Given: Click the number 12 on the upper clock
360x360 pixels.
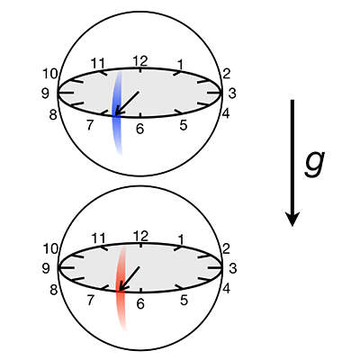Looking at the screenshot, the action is pyautogui.click(x=140, y=61).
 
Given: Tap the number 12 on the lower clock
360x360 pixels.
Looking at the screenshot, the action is pyautogui.click(x=140, y=237).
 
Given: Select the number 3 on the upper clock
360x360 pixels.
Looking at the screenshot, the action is pyautogui.click(x=232, y=94).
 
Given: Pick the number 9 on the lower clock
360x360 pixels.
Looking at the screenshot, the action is pyautogui.click(x=46, y=268).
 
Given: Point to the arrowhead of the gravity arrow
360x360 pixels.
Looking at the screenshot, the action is pyautogui.click(x=292, y=219).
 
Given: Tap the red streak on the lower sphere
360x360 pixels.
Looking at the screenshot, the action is pyautogui.click(x=121, y=288).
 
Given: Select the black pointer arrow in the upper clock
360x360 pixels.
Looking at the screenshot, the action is pyautogui.click(x=127, y=103).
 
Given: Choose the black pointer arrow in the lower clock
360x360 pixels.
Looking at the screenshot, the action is pyautogui.click(x=130, y=278).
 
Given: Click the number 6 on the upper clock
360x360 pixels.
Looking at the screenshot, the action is pyautogui.click(x=139, y=129).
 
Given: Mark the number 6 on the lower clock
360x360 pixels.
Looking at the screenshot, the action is pyautogui.click(x=140, y=304).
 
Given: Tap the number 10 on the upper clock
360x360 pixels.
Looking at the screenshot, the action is pyautogui.click(x=49, y=74).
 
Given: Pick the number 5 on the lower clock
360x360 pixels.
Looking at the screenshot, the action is pyautogui.click(x=184, y=300).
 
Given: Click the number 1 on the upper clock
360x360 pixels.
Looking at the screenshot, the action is pyautogui.click(x=180, y=64).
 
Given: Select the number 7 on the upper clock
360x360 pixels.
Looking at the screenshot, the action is pyautogui.click(x=89, y=125).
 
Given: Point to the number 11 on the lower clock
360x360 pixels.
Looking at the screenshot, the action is pyautogui.click(x=98, y=238).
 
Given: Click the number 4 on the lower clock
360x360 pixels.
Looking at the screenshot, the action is pyautogui.click(x=226, y=289).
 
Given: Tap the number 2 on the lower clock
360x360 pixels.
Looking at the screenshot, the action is pyautogui.click(x=226, y=248).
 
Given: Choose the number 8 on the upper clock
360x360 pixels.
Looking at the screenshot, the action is pyautogui.click(x=53, y=114).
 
